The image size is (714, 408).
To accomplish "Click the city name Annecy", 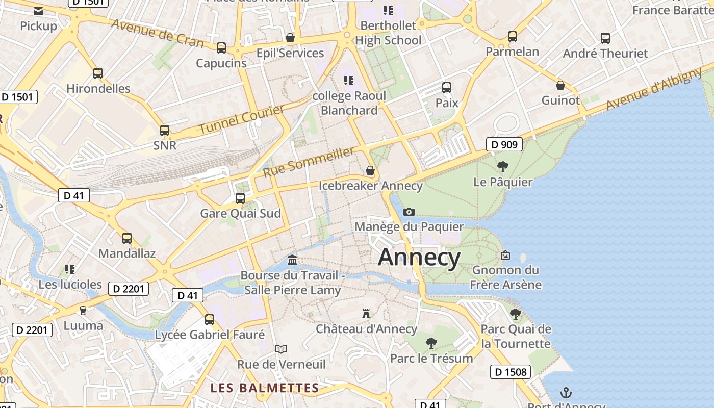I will point(419,257).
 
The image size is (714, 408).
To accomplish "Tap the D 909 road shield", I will point(504,145).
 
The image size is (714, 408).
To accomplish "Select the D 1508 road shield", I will point(511,372).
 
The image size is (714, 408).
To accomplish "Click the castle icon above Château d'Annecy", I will point(366,313).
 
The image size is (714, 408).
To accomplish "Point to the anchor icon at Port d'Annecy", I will point(566,393).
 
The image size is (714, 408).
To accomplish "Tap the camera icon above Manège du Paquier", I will point(409,212).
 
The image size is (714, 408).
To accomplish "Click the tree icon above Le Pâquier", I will point(502,166).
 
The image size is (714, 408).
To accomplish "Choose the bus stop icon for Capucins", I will point(221,48).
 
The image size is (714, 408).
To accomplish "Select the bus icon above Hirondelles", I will point(98,73).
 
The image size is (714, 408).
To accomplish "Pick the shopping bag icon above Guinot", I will point(560,85).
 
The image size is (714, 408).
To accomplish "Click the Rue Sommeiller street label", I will point(308,162).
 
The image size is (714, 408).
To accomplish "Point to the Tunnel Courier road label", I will point(241,119).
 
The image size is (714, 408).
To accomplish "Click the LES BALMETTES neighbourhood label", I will point(265,388).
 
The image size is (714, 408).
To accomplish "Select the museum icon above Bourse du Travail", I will point(292,260).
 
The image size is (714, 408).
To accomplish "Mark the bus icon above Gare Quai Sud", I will point(240,198).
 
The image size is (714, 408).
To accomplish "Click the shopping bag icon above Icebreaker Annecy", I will point(370,170).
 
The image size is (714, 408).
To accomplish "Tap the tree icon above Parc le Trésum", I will point(431,343).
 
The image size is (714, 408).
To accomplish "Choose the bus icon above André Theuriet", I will point(605,38).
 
